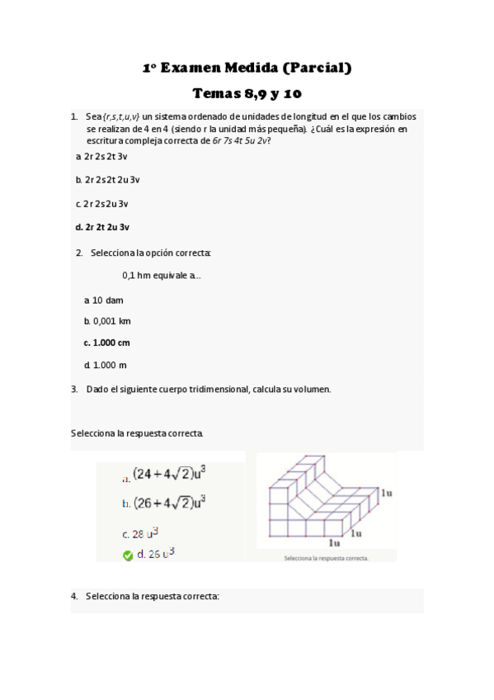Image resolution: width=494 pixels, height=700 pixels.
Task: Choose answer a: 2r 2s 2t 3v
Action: (102, 156)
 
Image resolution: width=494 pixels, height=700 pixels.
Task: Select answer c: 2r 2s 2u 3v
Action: (102, 203)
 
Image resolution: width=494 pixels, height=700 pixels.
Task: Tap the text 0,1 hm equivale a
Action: (161, 276)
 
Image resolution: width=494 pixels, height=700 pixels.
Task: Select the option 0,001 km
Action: (108, 321)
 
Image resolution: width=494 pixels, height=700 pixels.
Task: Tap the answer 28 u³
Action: (145, 534)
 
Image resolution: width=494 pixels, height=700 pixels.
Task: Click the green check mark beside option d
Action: (128, 556)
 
